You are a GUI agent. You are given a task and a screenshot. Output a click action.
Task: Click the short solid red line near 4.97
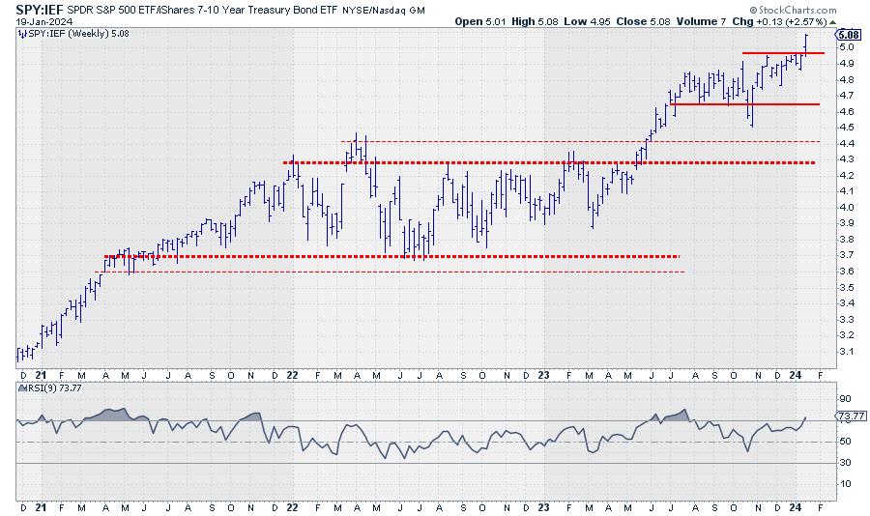(x=782, y=53)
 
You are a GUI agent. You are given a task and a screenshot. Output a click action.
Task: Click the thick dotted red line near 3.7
(x=387, y=256)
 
